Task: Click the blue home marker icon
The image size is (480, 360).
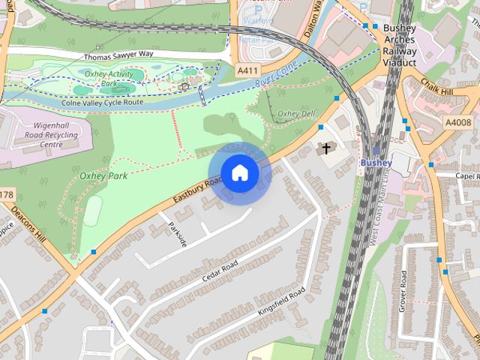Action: tap(239, 173)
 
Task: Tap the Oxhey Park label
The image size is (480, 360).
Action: tap(103, 175)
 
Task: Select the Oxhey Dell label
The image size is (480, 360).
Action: tap(296, 114)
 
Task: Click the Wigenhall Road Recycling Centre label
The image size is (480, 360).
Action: tap(47, 136)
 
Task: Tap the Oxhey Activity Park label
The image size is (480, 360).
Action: tap(109, 78)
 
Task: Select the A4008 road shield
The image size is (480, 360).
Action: tap(457, 122)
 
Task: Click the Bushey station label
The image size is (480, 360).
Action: tap(376, 162)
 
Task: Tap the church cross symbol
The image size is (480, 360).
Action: tap(325, 148)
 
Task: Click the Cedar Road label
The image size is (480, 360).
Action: tap(219, 271)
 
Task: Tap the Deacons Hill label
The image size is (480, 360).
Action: tap(32, 233)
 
